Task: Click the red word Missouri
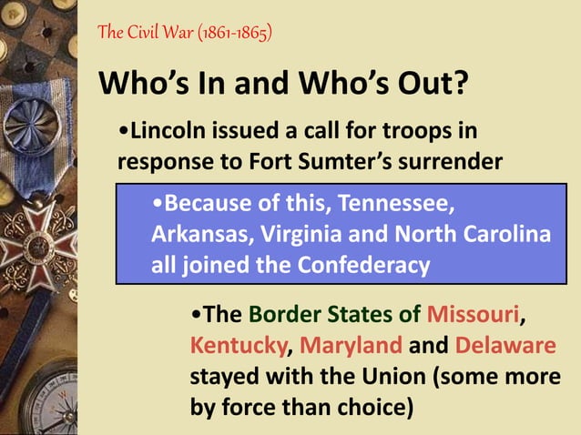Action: (473, 316)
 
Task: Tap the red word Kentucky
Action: (239, 347)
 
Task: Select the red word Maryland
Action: (351, 347)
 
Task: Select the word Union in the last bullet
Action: (392, 377)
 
